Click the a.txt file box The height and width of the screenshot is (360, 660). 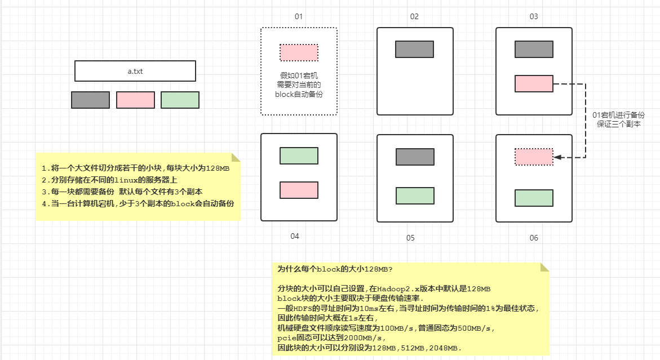click(x=135, y=71)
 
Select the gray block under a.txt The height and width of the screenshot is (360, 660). click(x=90, y=100)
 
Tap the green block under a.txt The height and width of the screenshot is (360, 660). click(x=180, y=100)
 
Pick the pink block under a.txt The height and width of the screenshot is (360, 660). click(x=135, y=100)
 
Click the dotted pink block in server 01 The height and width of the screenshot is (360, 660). click(x=299, y=52)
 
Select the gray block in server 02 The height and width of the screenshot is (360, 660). click(x=414, y=49)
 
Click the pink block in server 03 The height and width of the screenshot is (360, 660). click(x=534, y=83)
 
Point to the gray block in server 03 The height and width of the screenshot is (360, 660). click(x=534, y=49)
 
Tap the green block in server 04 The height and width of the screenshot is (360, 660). click(x=299, y=155)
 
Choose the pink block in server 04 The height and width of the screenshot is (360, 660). click(x=299, y=190)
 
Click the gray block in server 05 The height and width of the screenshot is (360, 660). click(x=415, y=157)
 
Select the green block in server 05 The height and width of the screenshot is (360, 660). click(x=415, y=195)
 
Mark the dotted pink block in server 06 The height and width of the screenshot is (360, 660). click(x=534, y=157)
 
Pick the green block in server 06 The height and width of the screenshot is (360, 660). click(x=534, y=198)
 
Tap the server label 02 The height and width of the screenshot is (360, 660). click(x=414, y=16)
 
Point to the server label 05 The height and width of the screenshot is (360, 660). click(x=410, y=238)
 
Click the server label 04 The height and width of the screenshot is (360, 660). click(x=294, y=236)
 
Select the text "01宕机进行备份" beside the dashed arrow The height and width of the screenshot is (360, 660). click(x=618, y=114)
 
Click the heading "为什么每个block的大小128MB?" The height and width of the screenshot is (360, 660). click(x=335, y=269)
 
